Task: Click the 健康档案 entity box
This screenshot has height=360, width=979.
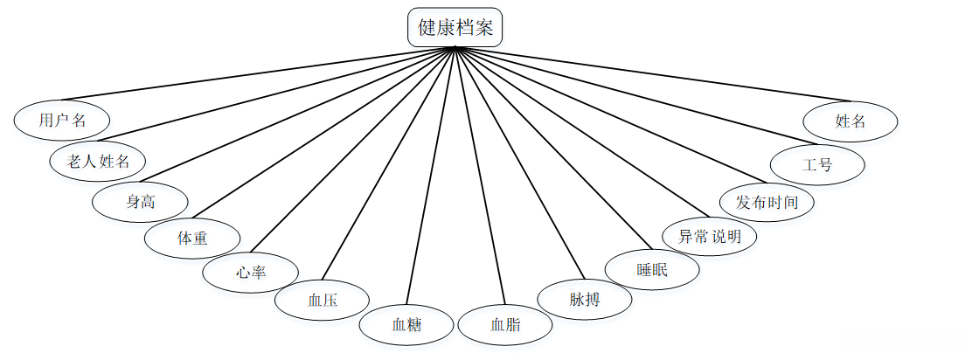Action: tap(455, 27)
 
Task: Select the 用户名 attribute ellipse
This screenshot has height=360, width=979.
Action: tap(62, 121)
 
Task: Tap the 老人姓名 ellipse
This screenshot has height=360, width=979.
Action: tap(98, 161)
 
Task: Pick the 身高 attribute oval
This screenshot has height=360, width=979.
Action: tap(140, 202)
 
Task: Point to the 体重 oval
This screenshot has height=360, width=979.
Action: tap(191, 238)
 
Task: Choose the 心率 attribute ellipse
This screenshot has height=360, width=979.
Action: tap(250, 273)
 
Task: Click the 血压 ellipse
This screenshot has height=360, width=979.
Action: tap(322, 301)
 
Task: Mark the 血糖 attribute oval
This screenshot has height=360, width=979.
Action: tap(406, 325)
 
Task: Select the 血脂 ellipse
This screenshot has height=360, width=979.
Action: tap(505, 325)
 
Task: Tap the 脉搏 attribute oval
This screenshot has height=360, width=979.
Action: tap(584, 300)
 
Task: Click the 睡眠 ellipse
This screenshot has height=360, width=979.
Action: tap(652, 270)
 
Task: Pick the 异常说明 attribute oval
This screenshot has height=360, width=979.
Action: tap(708, 236)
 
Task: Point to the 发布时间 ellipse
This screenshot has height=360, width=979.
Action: tap(767, 203)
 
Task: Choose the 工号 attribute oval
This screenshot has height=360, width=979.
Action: tap(817, 164)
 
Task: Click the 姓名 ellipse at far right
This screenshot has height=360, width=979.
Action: tap(851, 121)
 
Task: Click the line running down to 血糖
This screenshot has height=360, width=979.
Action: tap(431, 175)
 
